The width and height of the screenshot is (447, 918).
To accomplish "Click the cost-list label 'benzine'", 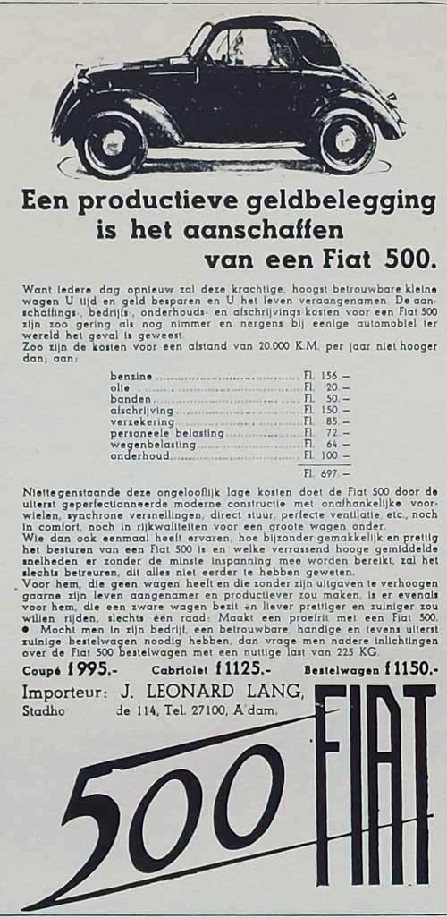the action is tap(131, 376).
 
